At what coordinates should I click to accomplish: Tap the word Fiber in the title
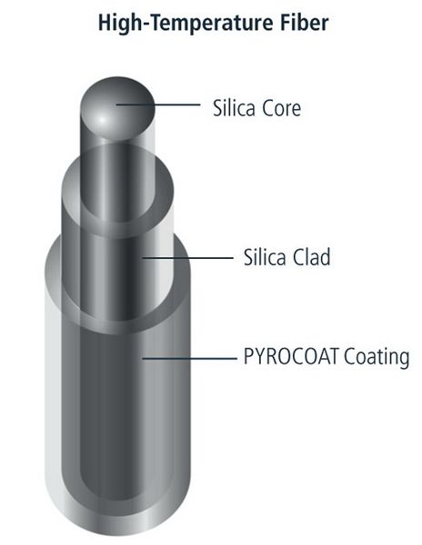coord(304,23)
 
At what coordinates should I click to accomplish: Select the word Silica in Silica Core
coord(234,108)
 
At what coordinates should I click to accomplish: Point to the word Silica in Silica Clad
coord(265,257)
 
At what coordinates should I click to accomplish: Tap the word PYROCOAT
coord(290,356)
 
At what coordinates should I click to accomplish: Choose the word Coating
coord(377,358)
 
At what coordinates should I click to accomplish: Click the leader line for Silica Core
coord(158,104)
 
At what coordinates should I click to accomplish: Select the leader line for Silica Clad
coord(187,258)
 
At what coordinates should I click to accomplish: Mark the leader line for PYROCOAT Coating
coord(189,358)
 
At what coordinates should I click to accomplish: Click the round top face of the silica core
coord(117,108)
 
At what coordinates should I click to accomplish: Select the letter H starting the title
coord(105,23)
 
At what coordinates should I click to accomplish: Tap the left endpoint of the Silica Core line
coord(116,104)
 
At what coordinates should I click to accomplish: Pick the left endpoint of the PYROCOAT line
coord(142,358)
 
